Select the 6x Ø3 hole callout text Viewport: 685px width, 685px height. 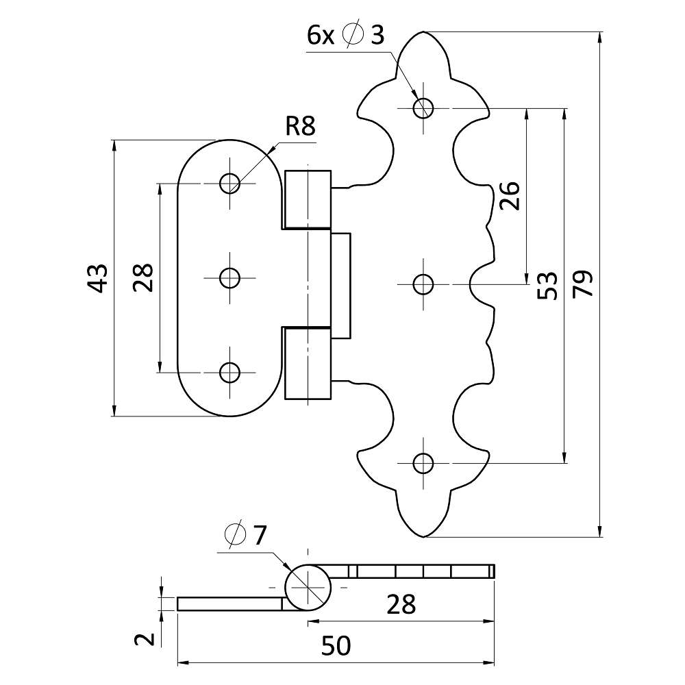click(x=345, y=35)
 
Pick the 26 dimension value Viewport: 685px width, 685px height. click(x=510, y=196)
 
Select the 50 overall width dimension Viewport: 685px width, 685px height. click(x=336, y=645)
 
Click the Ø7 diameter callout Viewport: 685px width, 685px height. click(x=245, y=534)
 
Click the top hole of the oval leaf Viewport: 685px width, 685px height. click(x=229, y=183)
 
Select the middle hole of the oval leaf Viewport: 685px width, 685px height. click(x=229, y=277)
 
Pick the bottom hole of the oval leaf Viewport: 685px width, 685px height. click(x=229, y=372)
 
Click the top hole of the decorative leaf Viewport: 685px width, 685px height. click(x=424, y=107)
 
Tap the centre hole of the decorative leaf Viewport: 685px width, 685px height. click(x=424, y=283)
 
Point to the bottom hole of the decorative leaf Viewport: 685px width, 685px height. click(x=424, y=463)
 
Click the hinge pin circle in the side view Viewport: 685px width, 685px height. click(x=308, y=588)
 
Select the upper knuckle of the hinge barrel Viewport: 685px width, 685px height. click(x=308, y=198)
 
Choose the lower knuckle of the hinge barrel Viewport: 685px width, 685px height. click(x=308, y=363)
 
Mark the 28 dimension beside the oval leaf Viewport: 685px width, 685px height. click(x=143, y=277)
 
